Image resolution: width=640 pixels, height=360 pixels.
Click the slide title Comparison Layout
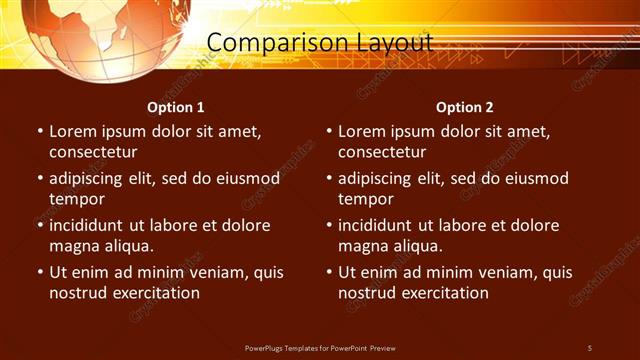point(320,43)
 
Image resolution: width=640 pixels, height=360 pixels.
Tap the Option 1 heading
point(176,107)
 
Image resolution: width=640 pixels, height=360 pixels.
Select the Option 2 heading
point(465,107)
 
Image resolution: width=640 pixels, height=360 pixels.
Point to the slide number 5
point(590,347)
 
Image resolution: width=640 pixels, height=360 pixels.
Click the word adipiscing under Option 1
point(88,179)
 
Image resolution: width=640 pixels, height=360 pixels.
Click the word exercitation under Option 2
point(441,293)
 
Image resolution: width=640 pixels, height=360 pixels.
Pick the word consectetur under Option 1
point(93,152)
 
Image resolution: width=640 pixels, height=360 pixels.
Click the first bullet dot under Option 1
point(39,132)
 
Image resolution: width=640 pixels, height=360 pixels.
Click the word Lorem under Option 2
point(361,132)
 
